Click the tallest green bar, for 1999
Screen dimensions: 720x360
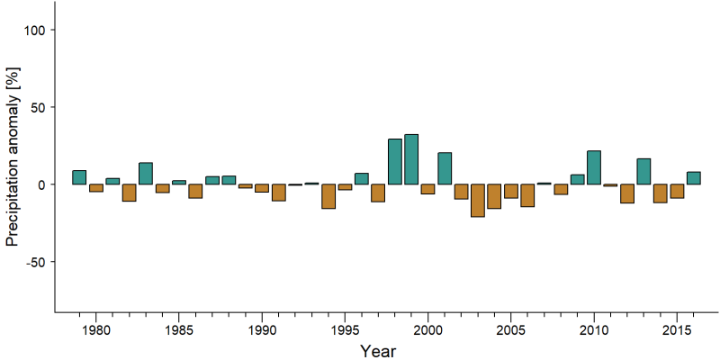pos(411,159)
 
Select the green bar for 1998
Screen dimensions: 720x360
pos(395,162)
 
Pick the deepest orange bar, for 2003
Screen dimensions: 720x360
pos(478,200)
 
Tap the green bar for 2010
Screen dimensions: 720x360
pos(594,167)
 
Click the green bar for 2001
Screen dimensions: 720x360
pos(445,168)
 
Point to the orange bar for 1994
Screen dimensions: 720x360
pos(328,196)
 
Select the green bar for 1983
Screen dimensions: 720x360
pos(146,174)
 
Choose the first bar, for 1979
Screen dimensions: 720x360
pos(79,177)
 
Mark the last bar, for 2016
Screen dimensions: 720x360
pos(693,178)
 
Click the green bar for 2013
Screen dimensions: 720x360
pos(643,172)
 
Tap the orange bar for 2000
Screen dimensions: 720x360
pos(428,189)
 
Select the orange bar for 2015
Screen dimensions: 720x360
pos(677,191)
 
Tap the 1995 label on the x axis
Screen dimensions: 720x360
pos(345,331)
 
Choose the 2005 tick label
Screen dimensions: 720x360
pos(510,331)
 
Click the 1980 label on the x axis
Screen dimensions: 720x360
pos(96,331)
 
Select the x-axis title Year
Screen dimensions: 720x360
pos(377,351)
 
